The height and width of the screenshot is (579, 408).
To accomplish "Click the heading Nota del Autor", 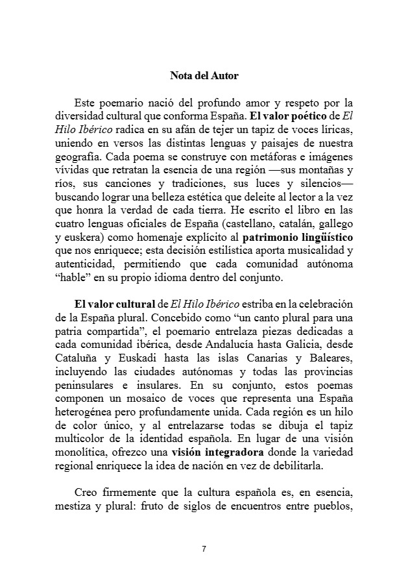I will tap(204, 76).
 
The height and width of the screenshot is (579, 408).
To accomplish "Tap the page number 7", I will tap(204, 549).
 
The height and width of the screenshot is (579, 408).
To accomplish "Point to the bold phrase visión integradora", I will tap(217, 452).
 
